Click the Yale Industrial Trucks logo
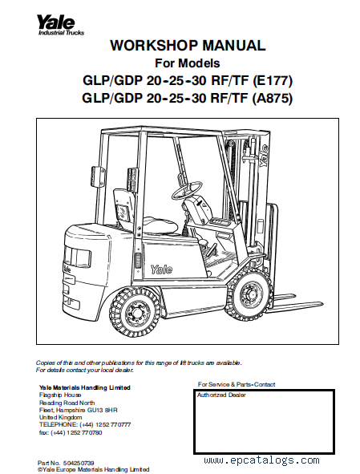pos(60,26)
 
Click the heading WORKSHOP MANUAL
pos(188,46)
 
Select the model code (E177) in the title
pos(273,81)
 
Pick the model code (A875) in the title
pos(272,98)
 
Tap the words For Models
pos(188,63)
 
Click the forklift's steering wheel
pos(187,188)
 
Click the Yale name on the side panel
pos(161,269)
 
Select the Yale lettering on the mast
pos(264,155)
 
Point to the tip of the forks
pos(322,303)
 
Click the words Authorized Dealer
pos(221,395)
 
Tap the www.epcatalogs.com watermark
pos(261,460)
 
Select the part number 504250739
pos(79,463)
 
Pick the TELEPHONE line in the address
pos(85,425)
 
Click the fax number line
pos(71,432)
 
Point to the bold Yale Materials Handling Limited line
pos(85,387)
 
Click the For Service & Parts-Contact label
pos(237,384)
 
